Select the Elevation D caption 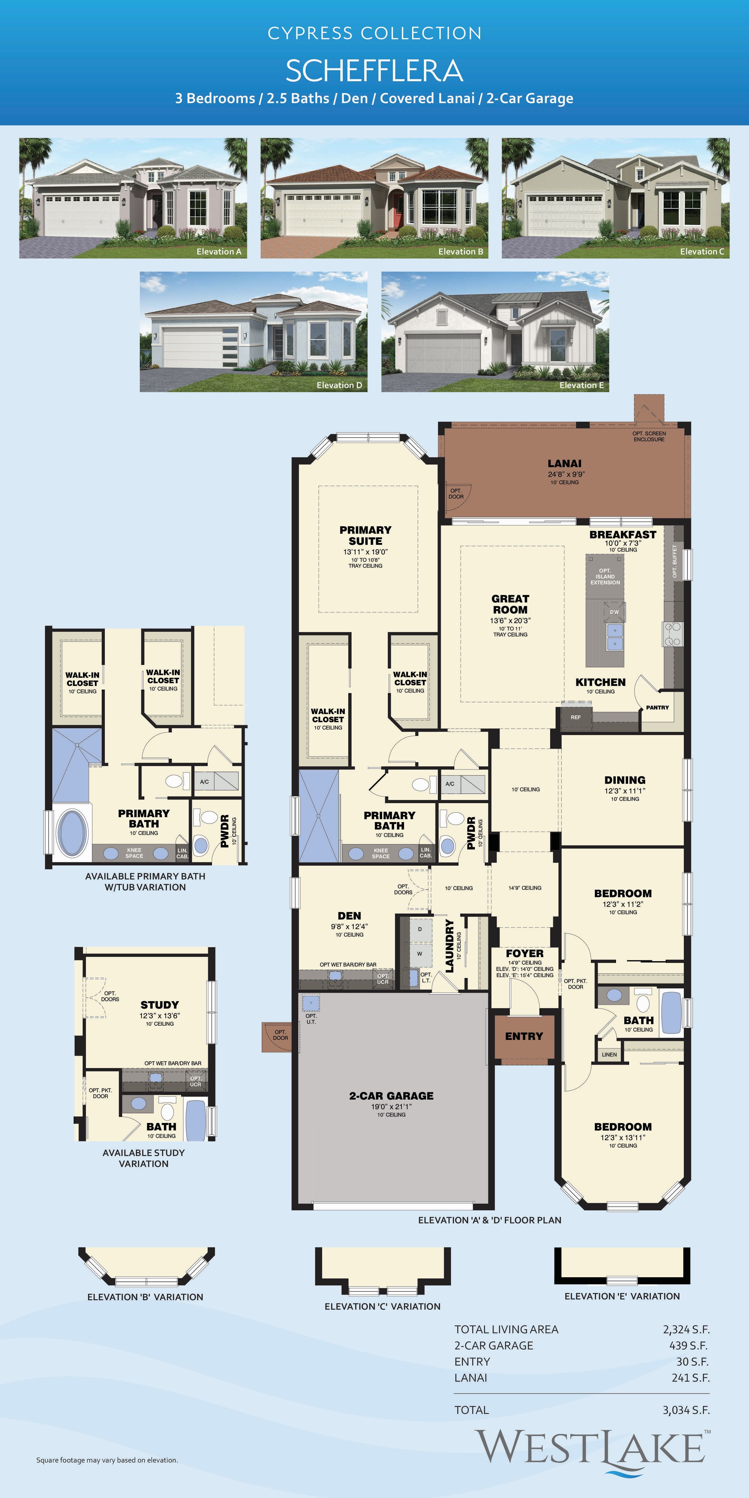click(339, 385)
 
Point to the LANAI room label click(564, 464)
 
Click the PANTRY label click(657, 707)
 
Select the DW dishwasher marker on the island click(614, 612)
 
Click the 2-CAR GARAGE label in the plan click(391, 1096)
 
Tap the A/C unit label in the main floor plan click(449, 784)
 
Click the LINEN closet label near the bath click(609, 1054)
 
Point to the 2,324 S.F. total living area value click(686, 1329)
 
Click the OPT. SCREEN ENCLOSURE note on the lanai click(649, 436)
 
